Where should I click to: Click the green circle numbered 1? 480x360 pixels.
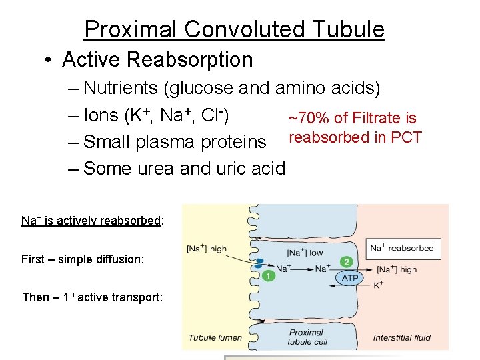(x=268, y=275)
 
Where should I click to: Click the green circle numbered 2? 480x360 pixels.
(x=345, y=262)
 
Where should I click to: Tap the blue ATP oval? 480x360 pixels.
(x=350, y=277)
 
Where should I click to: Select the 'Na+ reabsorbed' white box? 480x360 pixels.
(x=402, y=248)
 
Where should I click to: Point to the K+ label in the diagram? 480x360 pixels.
(x=378, y=285)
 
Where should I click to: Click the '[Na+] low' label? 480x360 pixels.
(x=305, y=253)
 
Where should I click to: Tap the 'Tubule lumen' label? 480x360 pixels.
(x=215, y=337)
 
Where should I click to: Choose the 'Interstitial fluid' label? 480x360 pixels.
(x=402, y=337)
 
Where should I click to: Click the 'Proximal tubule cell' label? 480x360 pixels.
(x=306, y=337)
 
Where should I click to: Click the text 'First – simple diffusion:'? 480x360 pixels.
(x=83, y=259)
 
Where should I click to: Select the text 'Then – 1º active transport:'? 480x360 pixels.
(x=92, y=297)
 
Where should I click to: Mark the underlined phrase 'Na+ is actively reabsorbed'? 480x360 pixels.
(x=91, y=221)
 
